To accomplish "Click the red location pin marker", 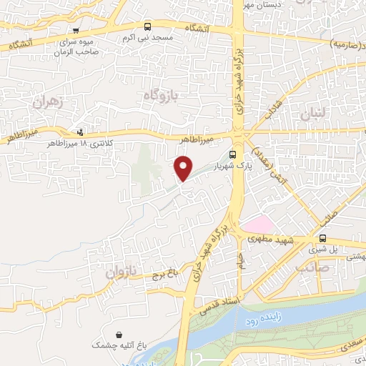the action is tap(184, 168).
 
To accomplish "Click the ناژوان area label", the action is tap(120, 273).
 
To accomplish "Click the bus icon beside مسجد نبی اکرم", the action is tap(148, 25).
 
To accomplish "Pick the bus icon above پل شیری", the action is tap(323, 238).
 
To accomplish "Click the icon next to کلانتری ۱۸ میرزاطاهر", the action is tap(80, 132).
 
